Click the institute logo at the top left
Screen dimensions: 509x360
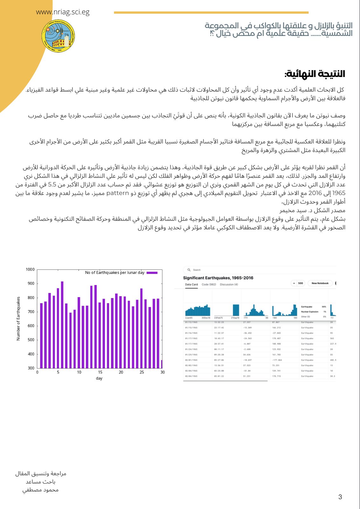coord(58,36)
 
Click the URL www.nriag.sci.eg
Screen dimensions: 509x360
coord(63,12)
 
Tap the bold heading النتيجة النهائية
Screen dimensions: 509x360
coord(315,74)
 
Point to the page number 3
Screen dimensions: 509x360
coord(340,497)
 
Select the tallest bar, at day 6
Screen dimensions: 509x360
coord(62,324)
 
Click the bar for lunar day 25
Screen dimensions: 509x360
coord(141,328)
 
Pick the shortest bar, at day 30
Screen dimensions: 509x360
coord(162,364)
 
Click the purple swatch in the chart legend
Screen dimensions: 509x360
coord(152,273)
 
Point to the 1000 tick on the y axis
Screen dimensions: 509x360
coord(30,269)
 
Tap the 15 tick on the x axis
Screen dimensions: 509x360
coord(100,372)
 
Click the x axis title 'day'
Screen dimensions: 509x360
coord(99,378)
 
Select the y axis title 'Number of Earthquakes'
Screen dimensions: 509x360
coord(18,318)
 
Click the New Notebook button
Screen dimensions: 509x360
coord(320,283)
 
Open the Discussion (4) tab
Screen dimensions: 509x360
coord(229,284)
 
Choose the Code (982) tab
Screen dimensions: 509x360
coord(209,284)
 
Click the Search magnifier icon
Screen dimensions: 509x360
coord(189,270)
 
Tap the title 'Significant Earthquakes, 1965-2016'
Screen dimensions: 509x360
coord(218,278)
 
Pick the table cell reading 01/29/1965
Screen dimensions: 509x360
coord(191,355)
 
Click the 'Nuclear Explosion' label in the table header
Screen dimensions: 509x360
coord(310,312)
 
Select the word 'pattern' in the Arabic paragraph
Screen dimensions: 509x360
coord(117,193)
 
